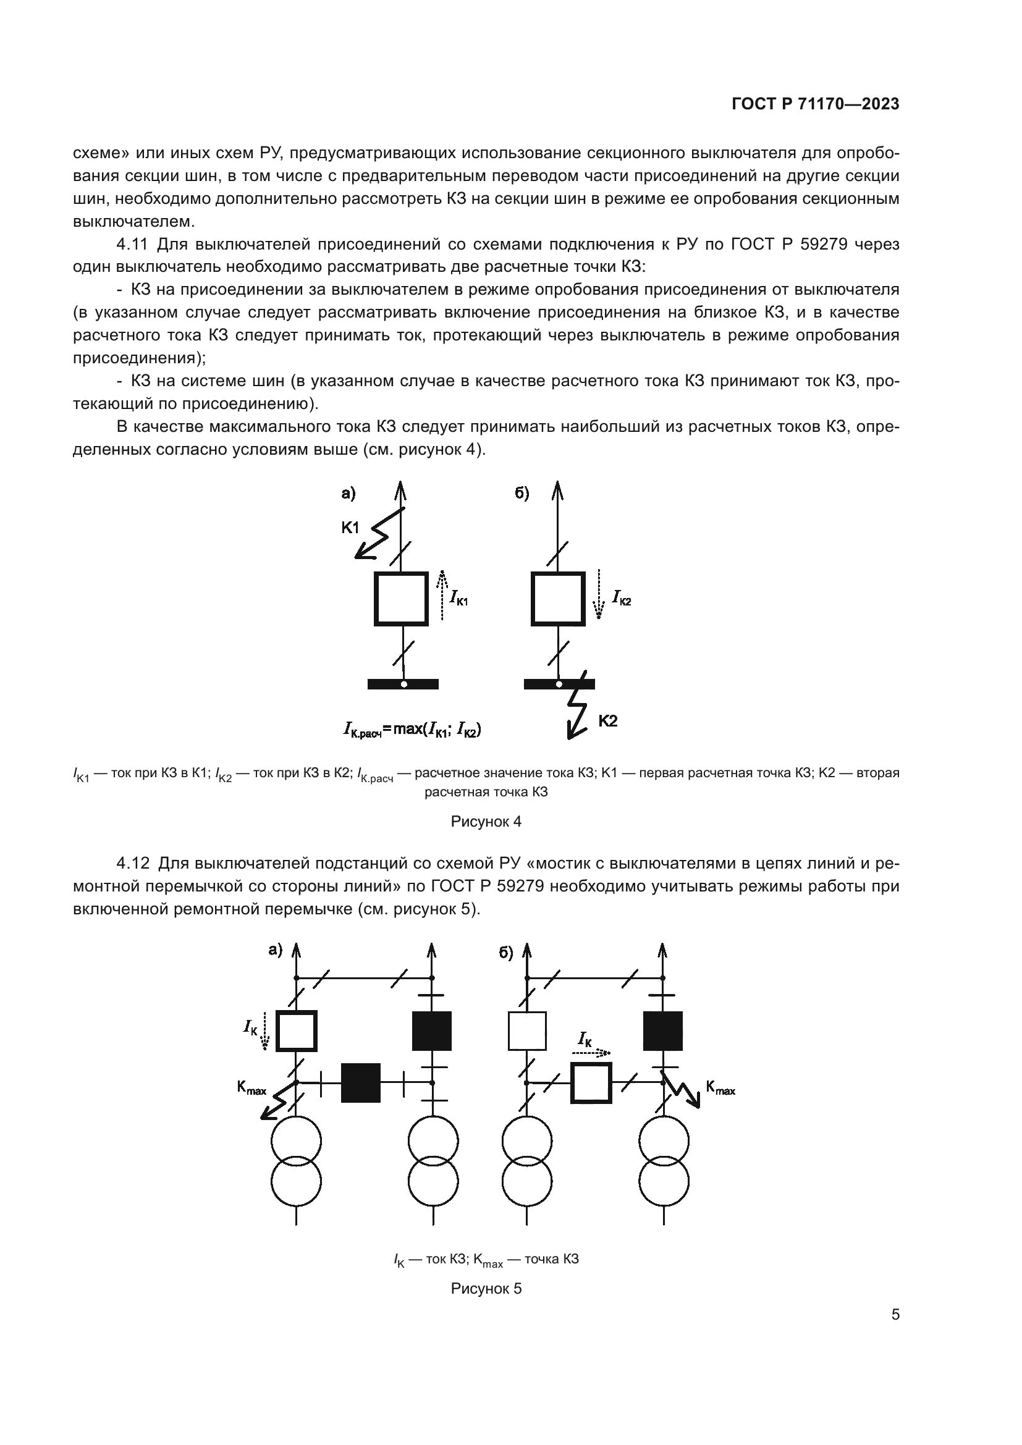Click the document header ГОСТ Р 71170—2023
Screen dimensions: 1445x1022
(815, 104)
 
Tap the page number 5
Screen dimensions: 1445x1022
(895, 1314)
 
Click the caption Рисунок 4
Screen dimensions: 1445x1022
(486, 821)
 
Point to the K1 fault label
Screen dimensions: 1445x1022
(350, 528)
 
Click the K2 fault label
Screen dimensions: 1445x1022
(607, 721)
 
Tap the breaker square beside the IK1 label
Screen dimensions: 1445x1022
(401, 599)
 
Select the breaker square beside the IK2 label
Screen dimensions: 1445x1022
(557, 599)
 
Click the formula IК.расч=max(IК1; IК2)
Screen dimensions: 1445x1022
(412, 730)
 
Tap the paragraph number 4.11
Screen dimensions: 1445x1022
(132, 244)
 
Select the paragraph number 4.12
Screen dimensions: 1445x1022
(132, 863)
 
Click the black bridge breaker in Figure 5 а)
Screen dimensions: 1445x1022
(361, 1082)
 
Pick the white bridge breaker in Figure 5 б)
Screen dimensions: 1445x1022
(591, 1082)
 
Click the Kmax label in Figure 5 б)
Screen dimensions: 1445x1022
(720, 1087)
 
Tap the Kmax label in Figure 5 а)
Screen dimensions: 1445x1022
(251, 1087)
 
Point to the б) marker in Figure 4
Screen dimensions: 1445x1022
(522, 494)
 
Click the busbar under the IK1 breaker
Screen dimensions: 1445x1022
(403, 684)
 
